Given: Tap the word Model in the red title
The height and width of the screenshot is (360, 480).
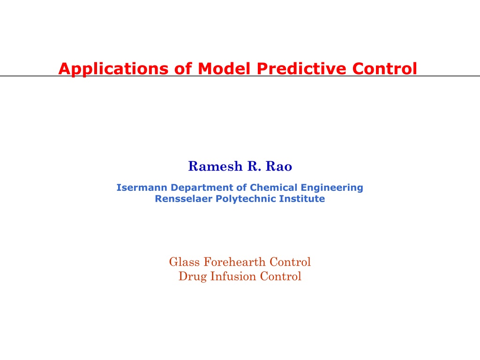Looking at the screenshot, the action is point(224,68).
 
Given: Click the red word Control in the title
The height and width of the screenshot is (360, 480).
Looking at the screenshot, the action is point(385,68).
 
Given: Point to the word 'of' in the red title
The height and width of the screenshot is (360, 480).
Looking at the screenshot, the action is point(183,68).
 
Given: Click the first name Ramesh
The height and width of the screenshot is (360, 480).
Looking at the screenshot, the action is point(215,166).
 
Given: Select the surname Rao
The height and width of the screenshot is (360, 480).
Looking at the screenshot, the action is point(279,166).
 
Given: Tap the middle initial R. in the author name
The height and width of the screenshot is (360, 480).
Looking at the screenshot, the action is point(254,166).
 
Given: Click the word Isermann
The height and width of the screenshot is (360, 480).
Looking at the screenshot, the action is point(142,187).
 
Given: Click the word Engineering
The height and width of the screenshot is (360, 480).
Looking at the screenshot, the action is point(332,188).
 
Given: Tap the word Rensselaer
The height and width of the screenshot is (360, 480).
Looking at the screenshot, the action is point(183,199).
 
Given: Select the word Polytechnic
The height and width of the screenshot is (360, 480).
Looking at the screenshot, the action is point(246,199).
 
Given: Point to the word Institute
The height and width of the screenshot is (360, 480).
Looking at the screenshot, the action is point(302,199).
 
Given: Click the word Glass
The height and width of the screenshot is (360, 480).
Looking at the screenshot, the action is point(184,262).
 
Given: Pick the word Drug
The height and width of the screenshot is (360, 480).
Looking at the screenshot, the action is point(193,277).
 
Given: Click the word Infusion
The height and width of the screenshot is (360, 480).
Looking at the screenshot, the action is point(233,277).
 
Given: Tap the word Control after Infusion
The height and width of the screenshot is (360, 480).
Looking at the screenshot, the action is point(281,277).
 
